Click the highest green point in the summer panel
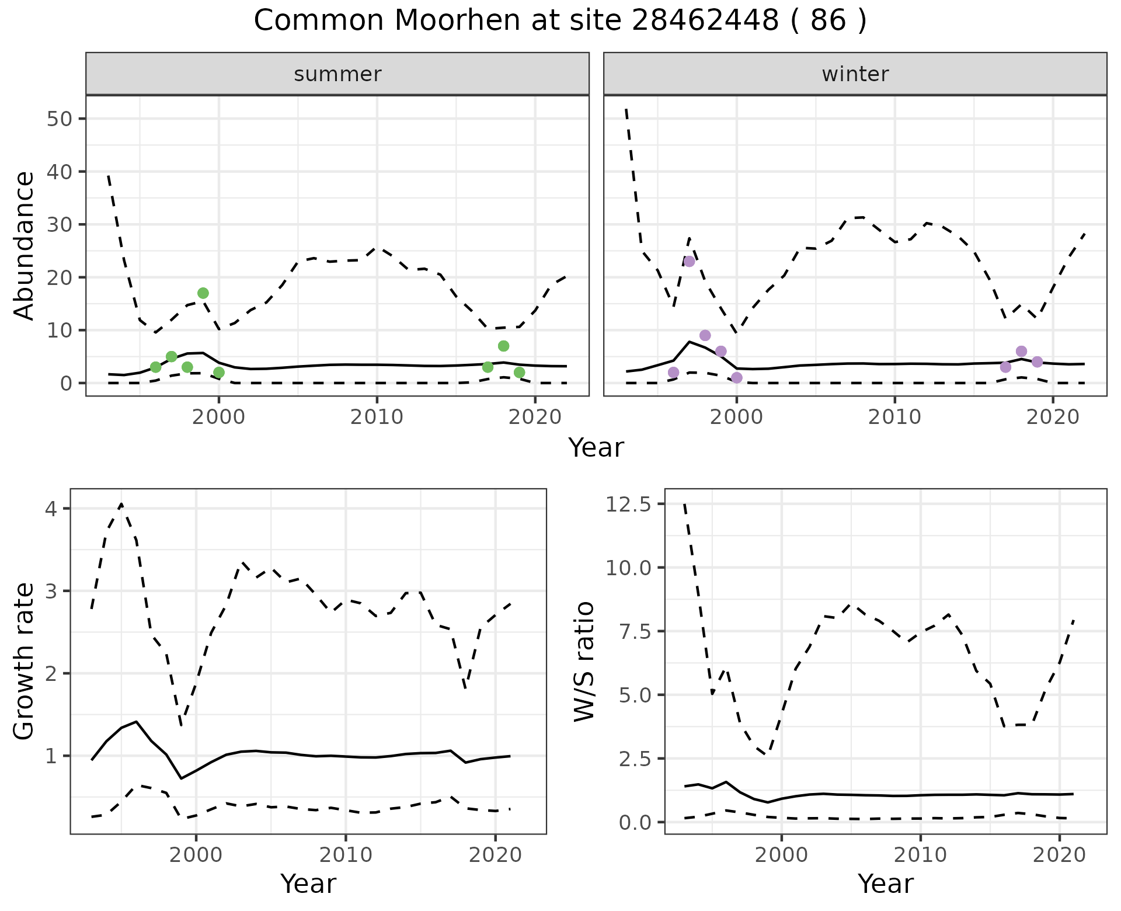click(203, 293)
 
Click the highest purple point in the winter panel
click(690, 261)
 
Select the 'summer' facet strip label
click(337, 74)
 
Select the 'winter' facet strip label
click(855, 74)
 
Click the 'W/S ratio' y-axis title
click(584, 662)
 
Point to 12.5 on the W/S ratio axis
click(627, 504)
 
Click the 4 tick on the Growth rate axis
click(51, 509)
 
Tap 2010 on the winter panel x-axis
click(894, 417)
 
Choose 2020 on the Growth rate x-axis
click(495, 856)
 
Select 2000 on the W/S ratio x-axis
click(782, 856)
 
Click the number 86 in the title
click(828, 21)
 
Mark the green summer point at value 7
click(503, 346)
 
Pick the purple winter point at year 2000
click(737, 378)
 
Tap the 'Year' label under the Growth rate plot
click(308, 884)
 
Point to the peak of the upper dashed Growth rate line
click(121, 504)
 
